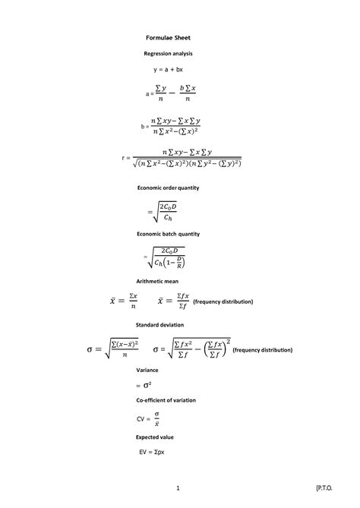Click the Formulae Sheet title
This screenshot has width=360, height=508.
(x=169, y=36)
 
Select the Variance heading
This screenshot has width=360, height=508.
(x=147, y=370)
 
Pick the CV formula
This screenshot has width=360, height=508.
(x=149, y=418)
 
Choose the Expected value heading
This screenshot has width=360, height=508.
(x=155, y=437)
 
